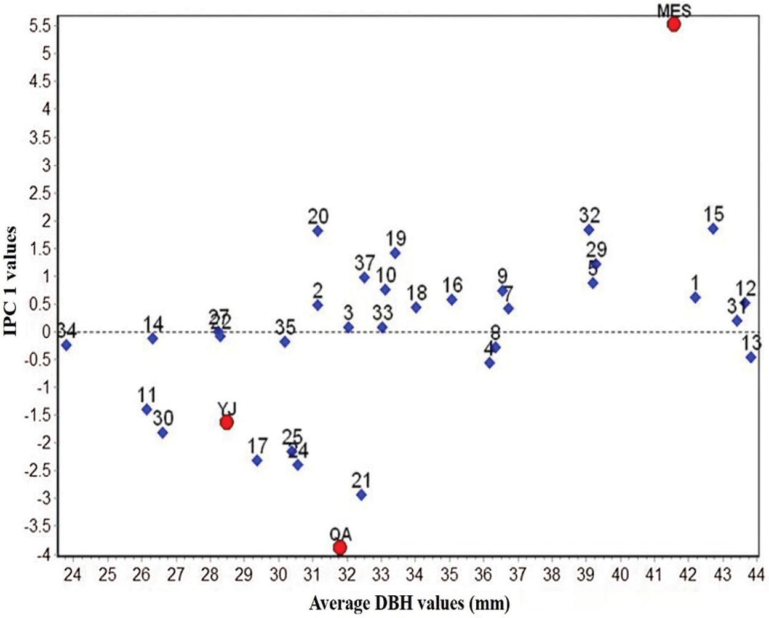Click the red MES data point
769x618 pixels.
pyautogui.click(x=674, y=25)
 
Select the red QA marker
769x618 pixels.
pyautogui.click(x=340, y=547)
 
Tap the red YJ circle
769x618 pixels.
pyautogui.click(x=226, y=422)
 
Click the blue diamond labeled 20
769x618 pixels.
pyautogui.click(x=317, y=231)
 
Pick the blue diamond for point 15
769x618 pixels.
pyautogui.click(x=713, y=229)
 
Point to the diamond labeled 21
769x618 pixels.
pyautogui.click(x=361, y=495)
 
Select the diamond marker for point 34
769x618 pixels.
pyautogui.click(x=66, y=345)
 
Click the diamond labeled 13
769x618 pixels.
pyautogui.click(x=751, y=357)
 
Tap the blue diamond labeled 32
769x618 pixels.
pyautogui.click(x=589, y=230)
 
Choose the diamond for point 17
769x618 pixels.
pyautogui.click(x=257, y=461)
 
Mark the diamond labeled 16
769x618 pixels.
pyautogui.click(x=452, y=300)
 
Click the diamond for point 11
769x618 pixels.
pyautogui.click(x=146, y=410)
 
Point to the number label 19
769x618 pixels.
pyautogui.click(x=396, y=239)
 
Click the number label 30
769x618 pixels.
pyautogui.click(x=163, y=418)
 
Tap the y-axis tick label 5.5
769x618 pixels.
pyautogui.click(x=40, y=26)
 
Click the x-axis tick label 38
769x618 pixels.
pyautogui.click(x=552, y=574)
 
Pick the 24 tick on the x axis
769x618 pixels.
pyautogui.click(x=73, y=574)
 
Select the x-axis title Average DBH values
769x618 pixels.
pyautogui.click(x=409, y=603)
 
